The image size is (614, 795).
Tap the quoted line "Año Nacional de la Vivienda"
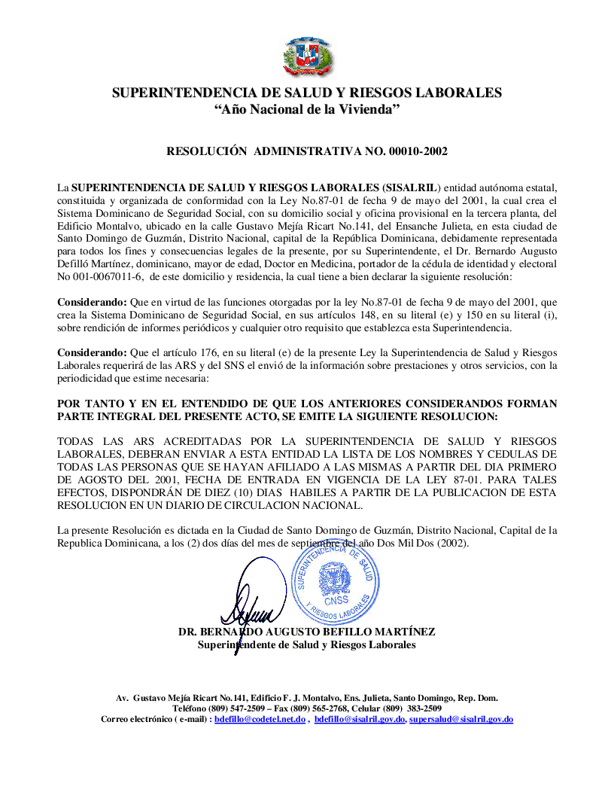pos(307,110)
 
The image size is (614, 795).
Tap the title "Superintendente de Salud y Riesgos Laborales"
pos(306,645)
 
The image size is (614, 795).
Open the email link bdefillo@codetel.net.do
pos(260,719)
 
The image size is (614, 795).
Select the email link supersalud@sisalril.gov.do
pos(461,719)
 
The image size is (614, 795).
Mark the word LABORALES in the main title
pos(461,93)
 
